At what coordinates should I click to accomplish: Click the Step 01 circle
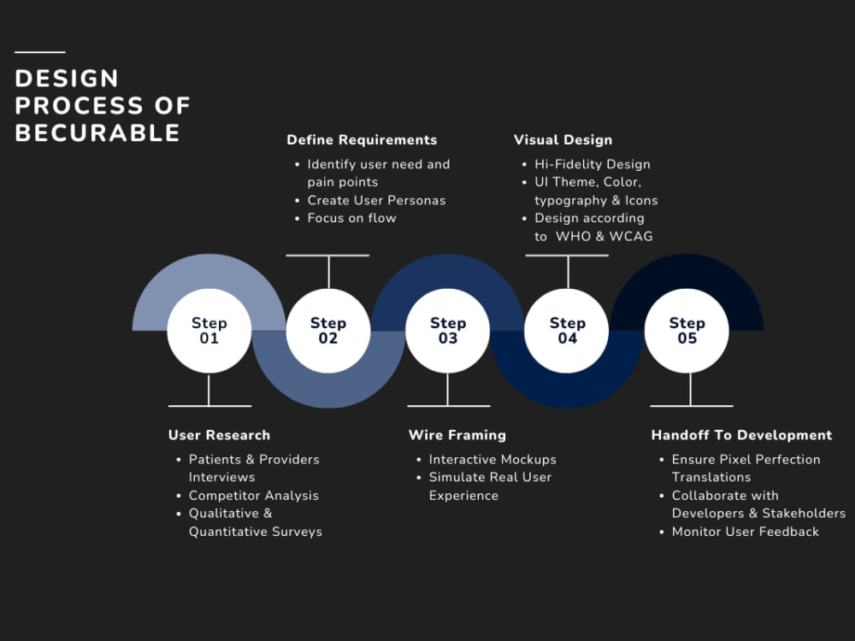209,331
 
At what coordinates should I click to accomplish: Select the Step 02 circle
328,331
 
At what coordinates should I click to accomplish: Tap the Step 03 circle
448,331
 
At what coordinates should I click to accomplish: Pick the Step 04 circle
567,331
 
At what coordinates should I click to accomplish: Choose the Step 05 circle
687,331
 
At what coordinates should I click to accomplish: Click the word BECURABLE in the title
97,133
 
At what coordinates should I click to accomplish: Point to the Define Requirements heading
362,140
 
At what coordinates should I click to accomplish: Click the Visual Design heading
563,140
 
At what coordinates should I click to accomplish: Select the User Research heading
219,435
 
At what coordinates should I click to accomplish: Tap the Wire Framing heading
457,435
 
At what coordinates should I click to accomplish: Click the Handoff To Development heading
741,435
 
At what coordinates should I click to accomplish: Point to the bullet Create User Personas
376,200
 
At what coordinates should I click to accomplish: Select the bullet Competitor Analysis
254,496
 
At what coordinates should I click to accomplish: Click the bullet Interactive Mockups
492,460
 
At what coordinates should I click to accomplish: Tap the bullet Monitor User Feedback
746,532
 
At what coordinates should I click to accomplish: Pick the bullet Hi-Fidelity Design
593,164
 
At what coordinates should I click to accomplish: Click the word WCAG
631,236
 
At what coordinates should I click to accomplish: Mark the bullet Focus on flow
351,218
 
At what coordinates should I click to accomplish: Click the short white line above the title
40,52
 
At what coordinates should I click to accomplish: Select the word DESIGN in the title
67,79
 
